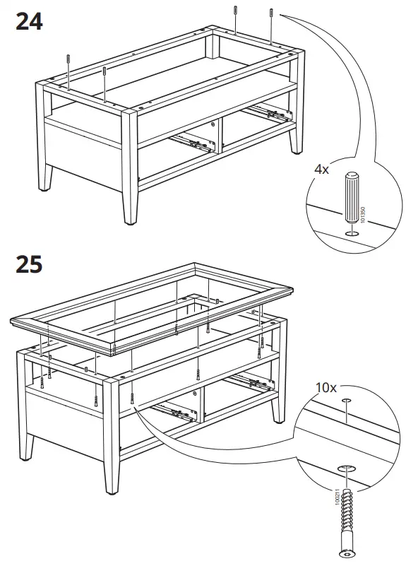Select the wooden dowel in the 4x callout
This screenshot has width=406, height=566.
tap(353, 198)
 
